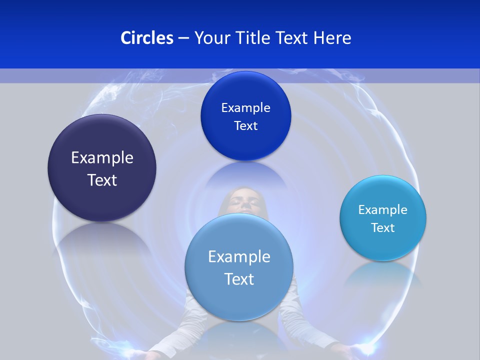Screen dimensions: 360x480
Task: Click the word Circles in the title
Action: [x=146, y=38]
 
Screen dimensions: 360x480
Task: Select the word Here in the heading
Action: [x=332, y=38]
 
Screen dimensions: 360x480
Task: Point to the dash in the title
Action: [x=183, y=38]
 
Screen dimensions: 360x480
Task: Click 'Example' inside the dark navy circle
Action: [x=102, y=158]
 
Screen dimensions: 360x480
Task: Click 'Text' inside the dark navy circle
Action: [x=102, y=180]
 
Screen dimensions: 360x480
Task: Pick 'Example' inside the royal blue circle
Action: [x=245, y=108]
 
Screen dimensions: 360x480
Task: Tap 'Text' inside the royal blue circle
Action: [x=245, y=126]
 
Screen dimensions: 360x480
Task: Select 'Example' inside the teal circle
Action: [x=383, y=210]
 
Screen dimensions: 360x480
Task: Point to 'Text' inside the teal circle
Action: [x=383, y=228]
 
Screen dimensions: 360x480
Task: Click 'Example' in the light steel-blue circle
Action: [x=239, y=257]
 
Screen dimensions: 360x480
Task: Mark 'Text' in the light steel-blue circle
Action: [x=239, y=279]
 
